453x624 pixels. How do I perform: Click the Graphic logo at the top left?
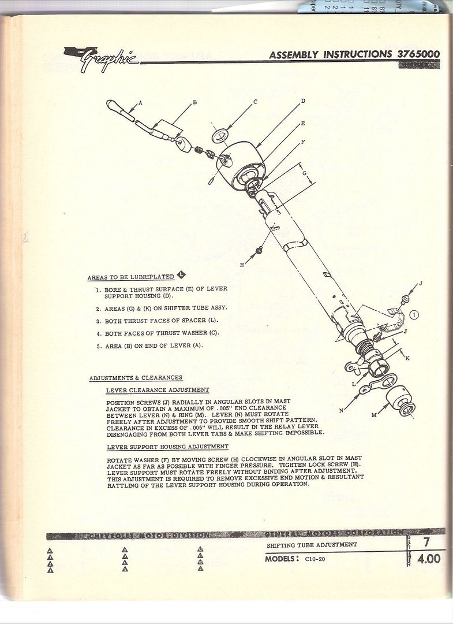click(x=101, y=59)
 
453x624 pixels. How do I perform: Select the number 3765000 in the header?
click(x=418, y=54)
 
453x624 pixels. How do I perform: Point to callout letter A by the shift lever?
click(x=140, y=103)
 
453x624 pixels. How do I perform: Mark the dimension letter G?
click(x=304, y=172)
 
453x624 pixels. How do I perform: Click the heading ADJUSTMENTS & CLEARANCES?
click(x=136, y=378)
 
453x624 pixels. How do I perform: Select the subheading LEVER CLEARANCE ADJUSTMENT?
click(x=158, y=390)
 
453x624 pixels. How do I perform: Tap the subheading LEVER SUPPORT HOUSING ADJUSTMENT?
click(x=167, y=447)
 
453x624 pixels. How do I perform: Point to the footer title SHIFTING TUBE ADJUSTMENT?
click(x=312, y=545)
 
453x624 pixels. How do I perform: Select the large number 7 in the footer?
click(x=427, y=543)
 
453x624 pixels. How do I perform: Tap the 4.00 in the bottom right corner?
click(x=429, y=559)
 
